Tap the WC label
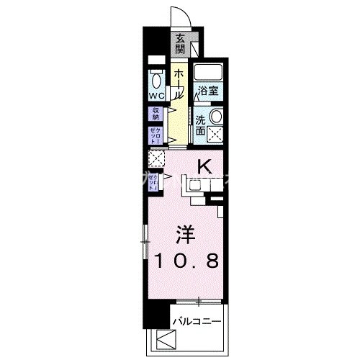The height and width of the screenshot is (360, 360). click(156, 95)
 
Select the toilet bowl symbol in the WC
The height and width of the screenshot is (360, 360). click(156, 78)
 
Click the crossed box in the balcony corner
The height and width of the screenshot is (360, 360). click(165, 339)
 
